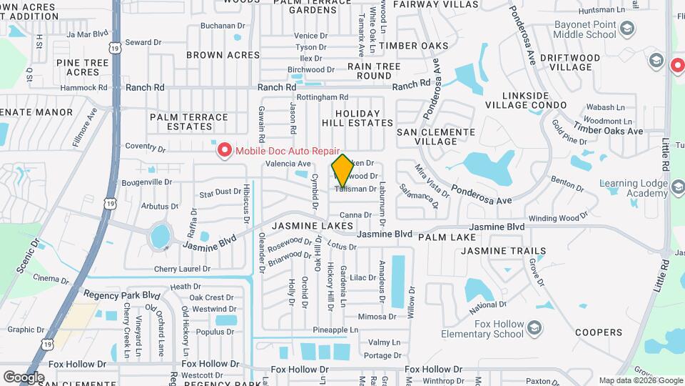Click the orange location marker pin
click(x=342, y=171)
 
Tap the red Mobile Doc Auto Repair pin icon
click(x=224, y=150)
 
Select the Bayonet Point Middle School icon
click(x=627, y=29)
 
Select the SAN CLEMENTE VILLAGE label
click(x=436, y=137)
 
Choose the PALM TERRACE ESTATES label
click(x=189, y=122)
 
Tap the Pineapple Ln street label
click(x=335, y=330)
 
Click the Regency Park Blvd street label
click(x=121, y=295)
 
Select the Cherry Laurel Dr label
click(x=182, y=269)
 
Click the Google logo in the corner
click(x=24, y=377)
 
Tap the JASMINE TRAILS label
click(x=504, y=251)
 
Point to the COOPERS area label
click(x=599, y=332)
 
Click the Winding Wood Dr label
click(x=557, y=217)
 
